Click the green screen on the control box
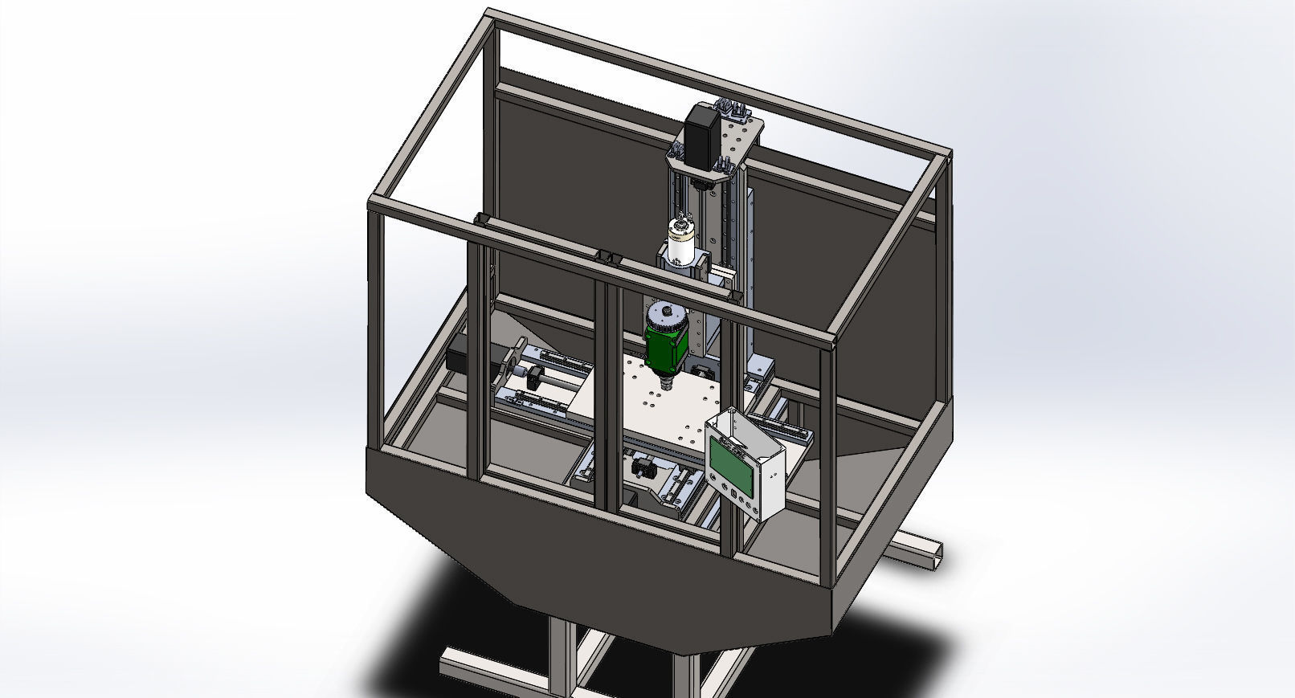[731, 465]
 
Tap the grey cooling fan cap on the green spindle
[667, 315]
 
